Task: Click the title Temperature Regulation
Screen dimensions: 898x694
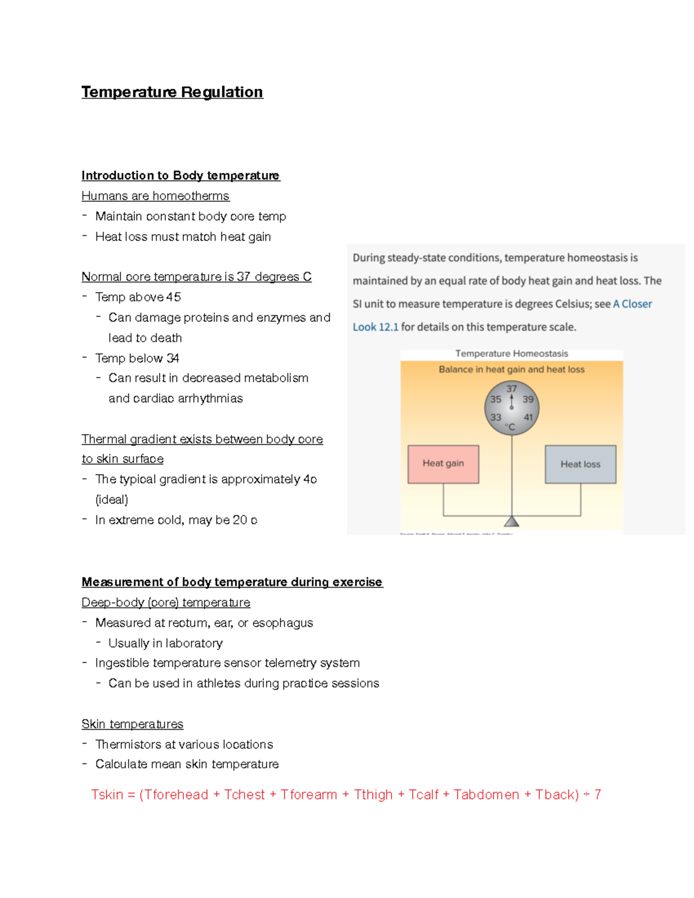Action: click(x=172, y=92)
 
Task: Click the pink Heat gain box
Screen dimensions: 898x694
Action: click(x=443, y=464)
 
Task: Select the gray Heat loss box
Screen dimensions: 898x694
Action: click(x=580, y=464)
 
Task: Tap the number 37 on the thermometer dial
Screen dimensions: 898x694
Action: click(x=511, y=389)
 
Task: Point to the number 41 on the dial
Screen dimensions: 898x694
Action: click(x=528, y=417)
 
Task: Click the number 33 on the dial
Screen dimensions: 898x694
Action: click(x=496, y=417)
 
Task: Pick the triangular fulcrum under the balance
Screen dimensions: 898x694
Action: click(x=511, y=522)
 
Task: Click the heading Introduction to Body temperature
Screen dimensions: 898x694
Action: click(x=180, y=175)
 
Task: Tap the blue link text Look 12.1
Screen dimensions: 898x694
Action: click(x=375, y=327)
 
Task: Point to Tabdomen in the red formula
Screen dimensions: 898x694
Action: click(x=486, y=794)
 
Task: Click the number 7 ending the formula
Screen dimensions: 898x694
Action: click(x=597, y=794)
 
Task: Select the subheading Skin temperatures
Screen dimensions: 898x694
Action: click(x=132, y=724)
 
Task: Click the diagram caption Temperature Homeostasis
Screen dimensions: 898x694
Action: click(x=511, y=353)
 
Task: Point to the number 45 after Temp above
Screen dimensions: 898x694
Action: click(x=173, y=297)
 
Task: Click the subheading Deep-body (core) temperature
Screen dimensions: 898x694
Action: click(x=166, y=603)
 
